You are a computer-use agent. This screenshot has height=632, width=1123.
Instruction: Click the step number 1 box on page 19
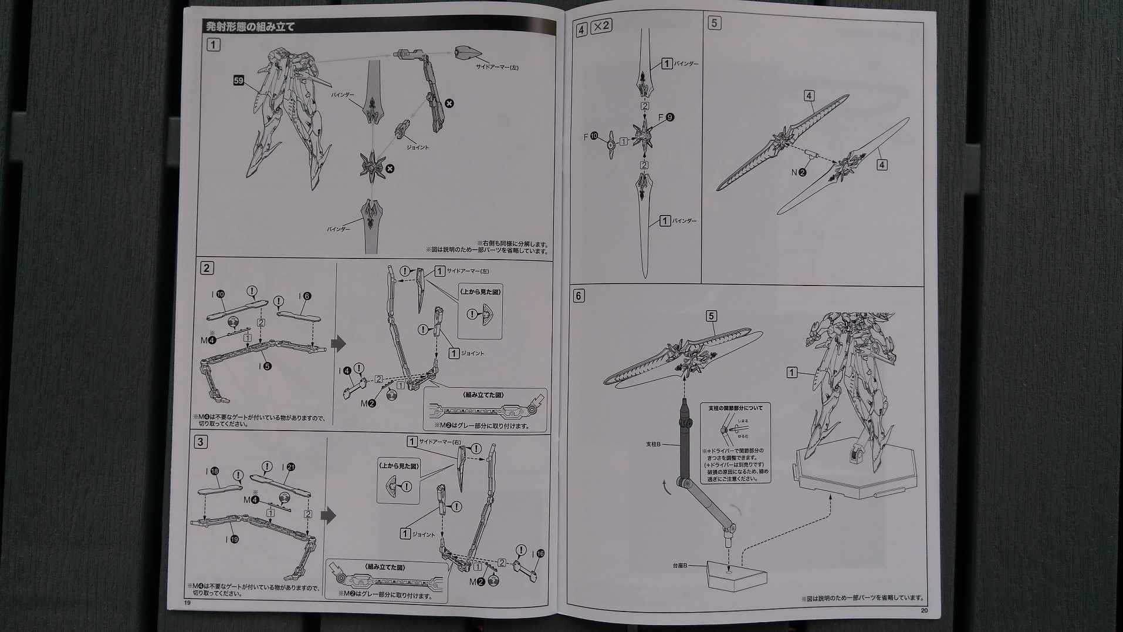pos(214,44)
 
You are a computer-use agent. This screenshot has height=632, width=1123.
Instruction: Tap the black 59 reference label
pos(238,80)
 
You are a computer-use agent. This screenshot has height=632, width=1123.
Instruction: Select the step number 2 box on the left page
pos(207,268)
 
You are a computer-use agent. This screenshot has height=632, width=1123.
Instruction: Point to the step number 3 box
pos(201,442)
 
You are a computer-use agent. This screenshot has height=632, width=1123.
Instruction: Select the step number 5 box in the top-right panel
pos(714,23)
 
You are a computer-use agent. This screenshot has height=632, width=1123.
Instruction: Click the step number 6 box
pos(579,295)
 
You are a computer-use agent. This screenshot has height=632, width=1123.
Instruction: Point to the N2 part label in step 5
pos(799,172)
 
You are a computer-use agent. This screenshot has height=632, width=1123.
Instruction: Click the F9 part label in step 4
pos(666,117)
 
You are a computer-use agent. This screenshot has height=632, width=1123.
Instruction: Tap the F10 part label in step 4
pos(590,136)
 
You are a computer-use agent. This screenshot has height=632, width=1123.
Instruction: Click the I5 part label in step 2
pos(263,366)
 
